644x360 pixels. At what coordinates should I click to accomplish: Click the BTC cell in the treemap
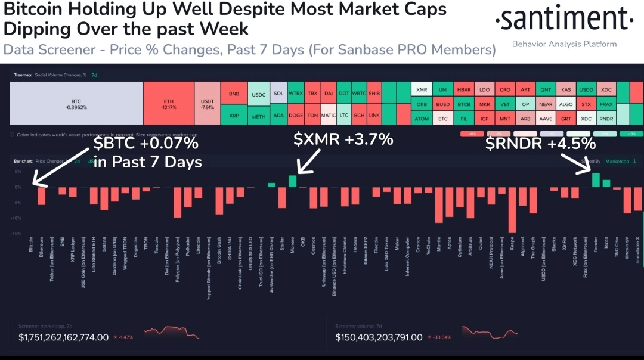[x=76, y=103]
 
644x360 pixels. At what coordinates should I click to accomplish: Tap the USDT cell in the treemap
[x=208, y=103]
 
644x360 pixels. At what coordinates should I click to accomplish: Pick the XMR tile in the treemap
[x=422, y=89]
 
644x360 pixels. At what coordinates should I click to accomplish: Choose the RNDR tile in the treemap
[x=606, y=118]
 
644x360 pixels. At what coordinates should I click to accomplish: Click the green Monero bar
[x=292, y=181]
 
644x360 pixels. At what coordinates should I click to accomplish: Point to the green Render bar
[x=596, y=180]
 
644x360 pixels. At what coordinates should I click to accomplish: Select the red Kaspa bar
[x=512, y=210]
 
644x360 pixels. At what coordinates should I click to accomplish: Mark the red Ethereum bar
[x=41, y=196]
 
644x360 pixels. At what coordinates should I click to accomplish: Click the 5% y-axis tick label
[x=18, y=172]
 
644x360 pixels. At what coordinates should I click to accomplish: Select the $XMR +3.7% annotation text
[x=343, y=141]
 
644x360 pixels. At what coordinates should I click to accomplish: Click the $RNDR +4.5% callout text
[x=540, y=144]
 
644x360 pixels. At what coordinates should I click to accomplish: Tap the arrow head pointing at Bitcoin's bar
[x=35, y=182]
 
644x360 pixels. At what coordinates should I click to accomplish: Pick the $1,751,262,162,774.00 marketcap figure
[x=64, y=337]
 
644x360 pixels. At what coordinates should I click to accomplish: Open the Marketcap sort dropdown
[x=620, y=161]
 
